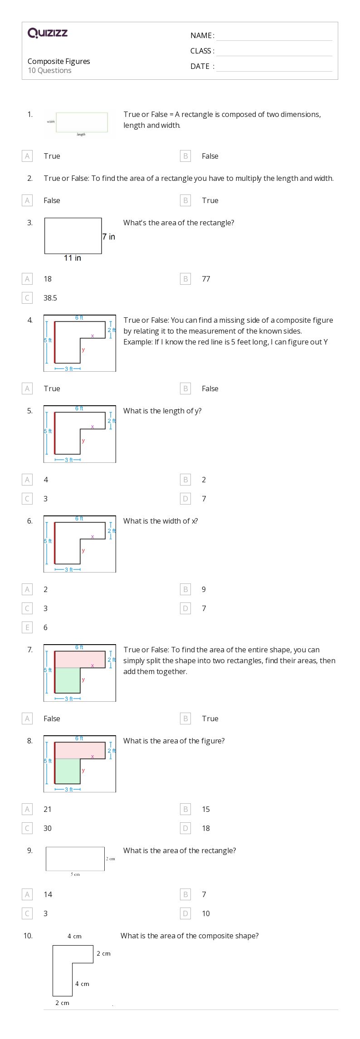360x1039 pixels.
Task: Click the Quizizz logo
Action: (x=48, y=33)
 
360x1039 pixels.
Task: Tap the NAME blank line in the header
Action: (x=274, y=36)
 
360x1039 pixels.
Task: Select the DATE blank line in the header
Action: (x=274, y=67)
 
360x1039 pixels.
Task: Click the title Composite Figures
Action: (x=58, y=61)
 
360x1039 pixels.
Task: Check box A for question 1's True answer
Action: (x=27, y=156)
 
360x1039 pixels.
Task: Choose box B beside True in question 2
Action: (x=185, y=200)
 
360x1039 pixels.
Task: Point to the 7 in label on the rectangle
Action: (x=109, y=237)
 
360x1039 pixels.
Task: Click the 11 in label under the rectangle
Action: (x=73, y=258)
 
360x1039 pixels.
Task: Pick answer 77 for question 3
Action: (x=206, y=279)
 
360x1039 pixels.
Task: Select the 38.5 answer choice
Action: (x=50, y=298)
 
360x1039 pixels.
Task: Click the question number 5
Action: (x=30, y=411)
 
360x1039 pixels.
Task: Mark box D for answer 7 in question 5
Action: (x=185, y=499)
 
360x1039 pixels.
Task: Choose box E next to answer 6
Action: (x=27, y=627)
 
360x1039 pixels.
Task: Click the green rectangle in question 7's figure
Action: (x=68, y=680)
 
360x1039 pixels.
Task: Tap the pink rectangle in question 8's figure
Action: (x=80, y=750)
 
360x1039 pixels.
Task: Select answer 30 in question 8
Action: (x=47, y=828)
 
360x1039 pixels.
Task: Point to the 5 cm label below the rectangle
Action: (x=75, y=874)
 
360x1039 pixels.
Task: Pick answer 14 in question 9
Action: (x=48, y=894)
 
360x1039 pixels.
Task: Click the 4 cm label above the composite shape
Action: (x=74, y=936)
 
